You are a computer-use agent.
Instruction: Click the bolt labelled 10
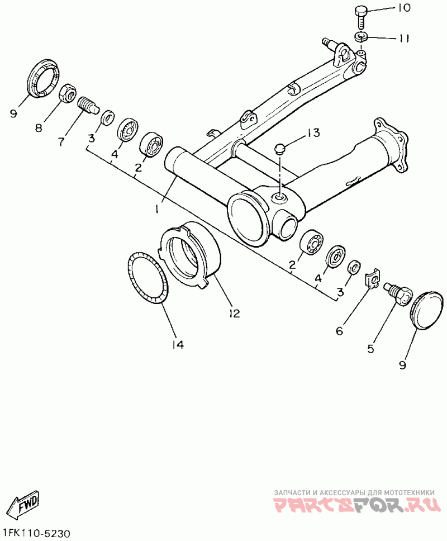[360, 16]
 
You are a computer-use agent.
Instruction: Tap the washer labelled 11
[360, 37]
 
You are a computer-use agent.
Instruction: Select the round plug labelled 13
[280, 149]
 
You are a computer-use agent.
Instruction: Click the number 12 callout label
[234, 313]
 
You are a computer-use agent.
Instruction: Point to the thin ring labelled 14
[148, 278]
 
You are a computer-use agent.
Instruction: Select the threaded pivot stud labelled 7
[87, 105]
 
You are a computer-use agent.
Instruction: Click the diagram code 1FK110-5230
[36, 533]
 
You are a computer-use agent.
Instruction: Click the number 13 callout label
[313, 133]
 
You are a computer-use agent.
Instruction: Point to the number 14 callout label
[177, 344]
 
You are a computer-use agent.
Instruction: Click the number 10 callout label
[403, 8]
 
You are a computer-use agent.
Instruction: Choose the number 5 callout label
[370, 349]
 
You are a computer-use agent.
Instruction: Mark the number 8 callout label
[39, 128]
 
